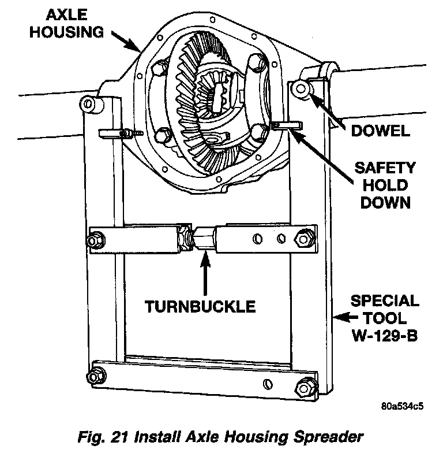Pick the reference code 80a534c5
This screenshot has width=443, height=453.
coord(402,405)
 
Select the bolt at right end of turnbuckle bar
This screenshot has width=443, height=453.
coord(303,237)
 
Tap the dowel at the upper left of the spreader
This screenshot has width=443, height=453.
coord(87,103)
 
